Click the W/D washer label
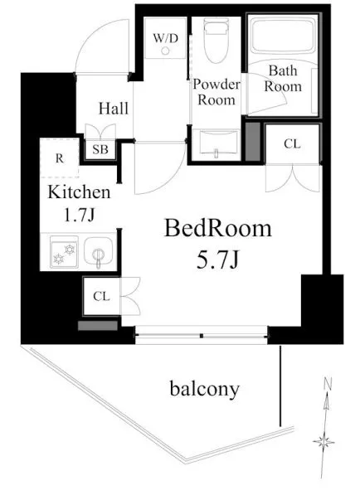pos(166,38)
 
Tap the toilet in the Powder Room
pos(216,40)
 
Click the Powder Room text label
pos(216,92)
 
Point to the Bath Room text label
pos(283,79)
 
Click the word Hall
pos(114,109)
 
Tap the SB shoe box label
pos(100,149)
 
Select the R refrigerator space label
pos(60,158)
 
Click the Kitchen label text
pos(79,192)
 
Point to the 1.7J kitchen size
pos(80,215)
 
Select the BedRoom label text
pos(218,228)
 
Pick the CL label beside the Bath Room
pos(292,144)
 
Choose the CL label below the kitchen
pos(101,297)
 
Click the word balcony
pos(205,389)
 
